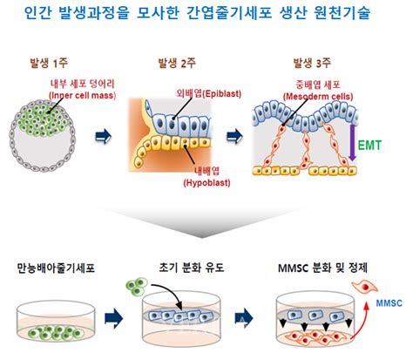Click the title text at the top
pos(206,13)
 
